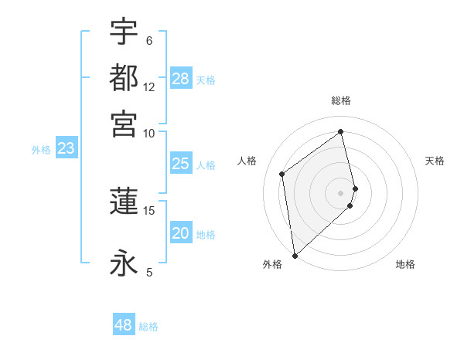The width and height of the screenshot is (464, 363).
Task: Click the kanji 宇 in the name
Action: click(124, 32)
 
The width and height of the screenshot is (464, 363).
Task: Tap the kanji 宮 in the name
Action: click(124, 123)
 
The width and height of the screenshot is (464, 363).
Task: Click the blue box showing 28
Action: click(181, 79)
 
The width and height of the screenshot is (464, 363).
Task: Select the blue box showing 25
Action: click(180, 164)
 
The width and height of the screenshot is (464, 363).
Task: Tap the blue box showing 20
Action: click(180, 234)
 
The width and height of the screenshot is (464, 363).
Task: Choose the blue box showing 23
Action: click(66, 149)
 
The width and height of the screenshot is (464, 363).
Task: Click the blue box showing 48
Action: click(124, 325)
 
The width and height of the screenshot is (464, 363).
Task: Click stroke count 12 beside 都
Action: click(149, 87)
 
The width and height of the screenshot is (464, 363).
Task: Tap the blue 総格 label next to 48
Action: click(148, 327)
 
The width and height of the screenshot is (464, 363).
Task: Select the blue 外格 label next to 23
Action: click(41, 150)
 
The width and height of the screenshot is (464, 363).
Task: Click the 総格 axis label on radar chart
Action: click(341, 100)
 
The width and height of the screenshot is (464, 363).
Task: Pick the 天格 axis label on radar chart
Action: click(435, 161)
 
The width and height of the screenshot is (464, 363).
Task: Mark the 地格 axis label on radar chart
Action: click(405, 264)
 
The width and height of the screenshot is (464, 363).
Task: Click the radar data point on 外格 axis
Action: click(295, 255)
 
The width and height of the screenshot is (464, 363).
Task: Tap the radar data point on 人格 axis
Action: click(282, 174)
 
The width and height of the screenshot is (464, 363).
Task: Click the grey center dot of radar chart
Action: click(341, 192)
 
